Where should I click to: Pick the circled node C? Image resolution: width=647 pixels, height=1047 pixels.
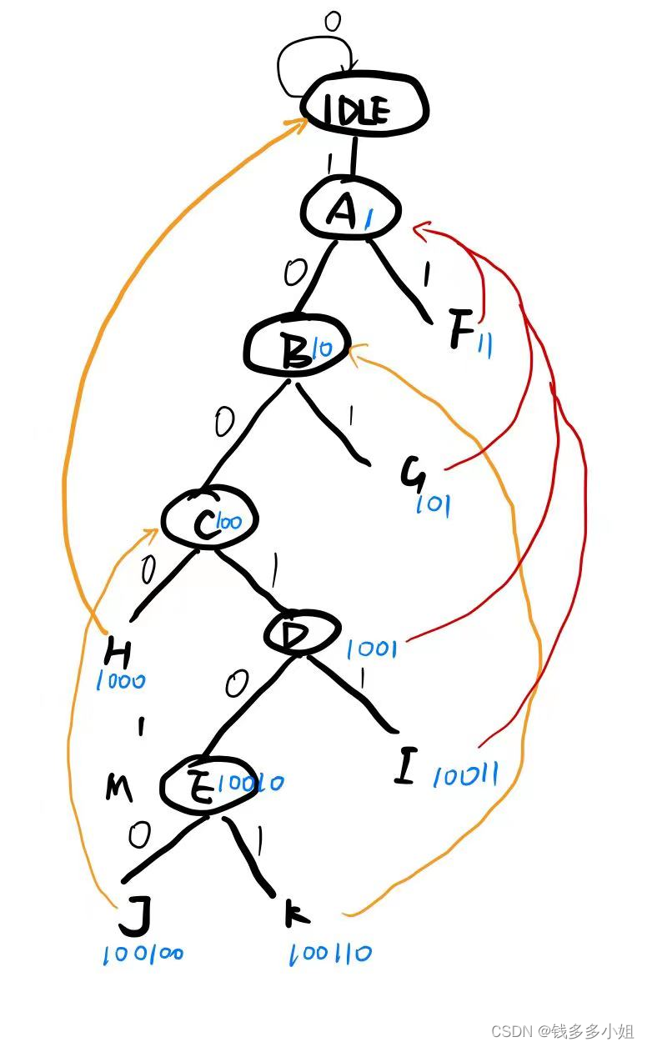point(208,521)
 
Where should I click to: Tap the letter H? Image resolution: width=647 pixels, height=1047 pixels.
point(122,650)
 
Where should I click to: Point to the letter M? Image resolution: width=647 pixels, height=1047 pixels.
point(118,787)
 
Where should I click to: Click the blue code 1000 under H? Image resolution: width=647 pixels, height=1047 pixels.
point(121,680)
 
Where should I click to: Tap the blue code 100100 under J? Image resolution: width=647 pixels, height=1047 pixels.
point(143,954)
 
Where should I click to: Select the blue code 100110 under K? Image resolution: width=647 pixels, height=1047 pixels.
point(331,954)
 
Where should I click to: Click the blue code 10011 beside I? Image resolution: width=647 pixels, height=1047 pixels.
point(466,777)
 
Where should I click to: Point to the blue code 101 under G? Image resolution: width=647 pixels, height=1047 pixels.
point(433,504)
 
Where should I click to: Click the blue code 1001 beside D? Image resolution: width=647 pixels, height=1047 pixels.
point(371,649)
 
